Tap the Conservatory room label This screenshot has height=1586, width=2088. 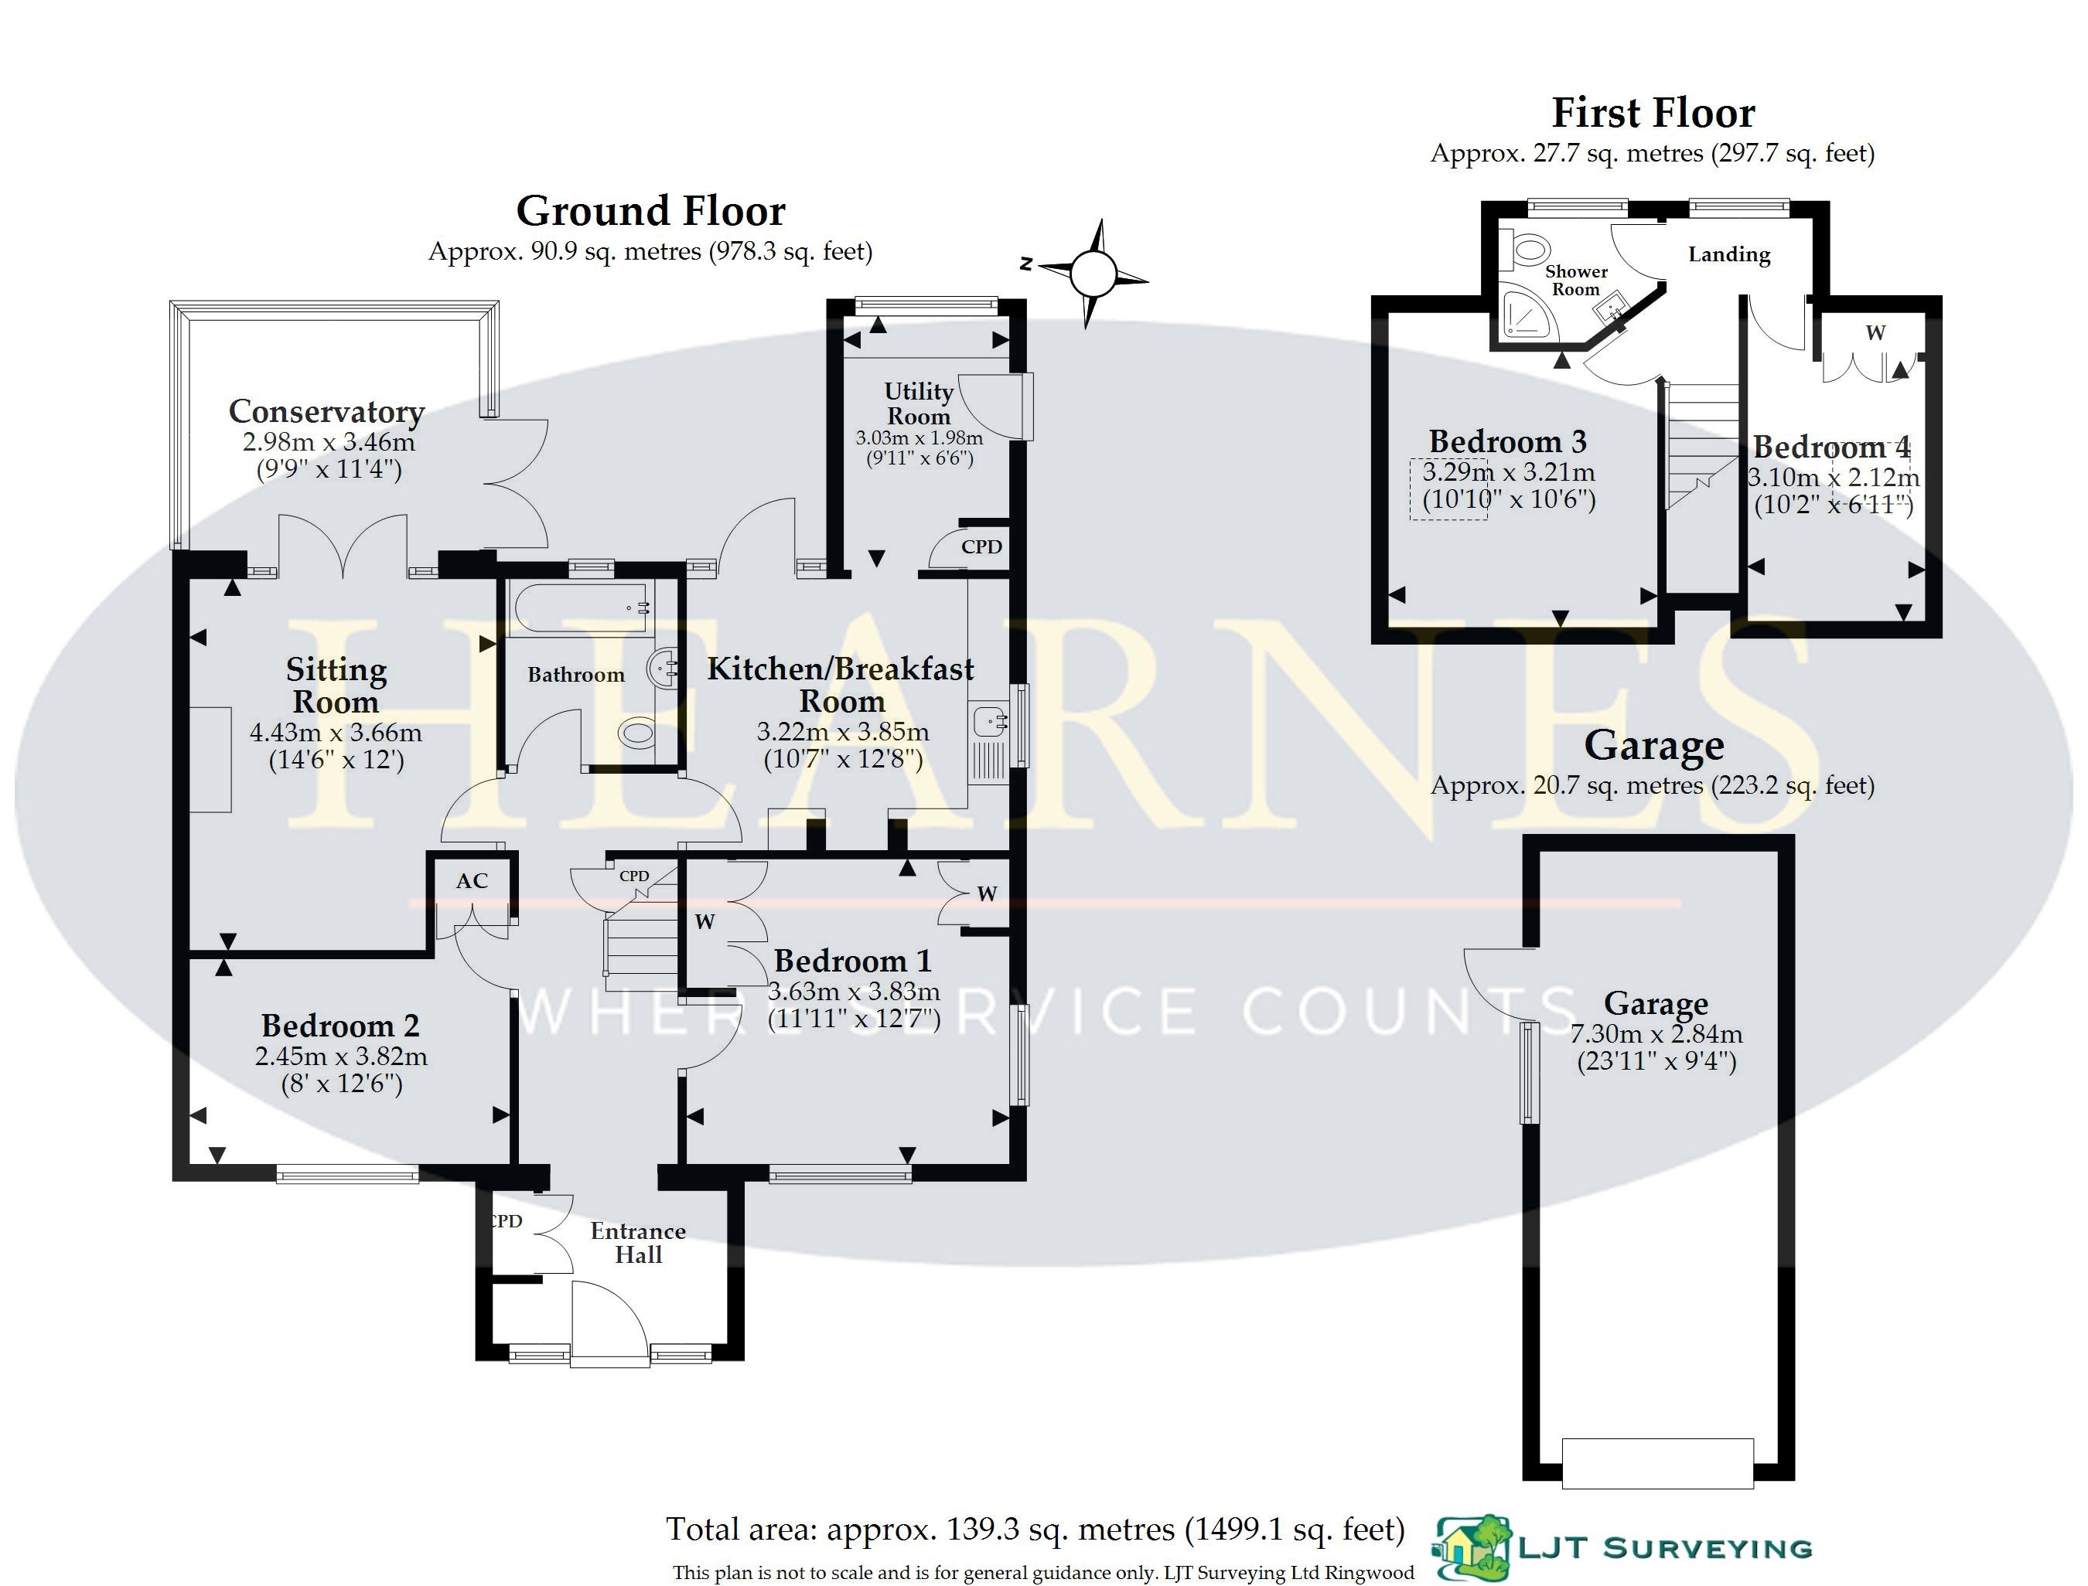pyautogui.click(x=327, y=412)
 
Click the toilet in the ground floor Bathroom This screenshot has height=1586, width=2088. pyautogui.click(x=637, y=733)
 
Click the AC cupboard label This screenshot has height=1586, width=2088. pyautogui.click(x=473, y=881)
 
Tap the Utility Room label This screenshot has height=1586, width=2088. pyautogui.click(x=919, y=403)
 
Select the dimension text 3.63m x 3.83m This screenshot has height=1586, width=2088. pyautogui.click(x=854, y=991)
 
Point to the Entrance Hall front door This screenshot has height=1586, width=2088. pyautogui.click(x=610, y=1322)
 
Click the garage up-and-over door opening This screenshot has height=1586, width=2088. pyautogui.click(x=1657, y=1463)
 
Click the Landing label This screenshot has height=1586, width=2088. pyautogui.click(x=1729, y=254)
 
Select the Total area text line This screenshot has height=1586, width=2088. pyautogui.click(x=1035, y=1530)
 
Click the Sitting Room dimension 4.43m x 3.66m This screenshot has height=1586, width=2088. pyautogui.click(x=336, y=733)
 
